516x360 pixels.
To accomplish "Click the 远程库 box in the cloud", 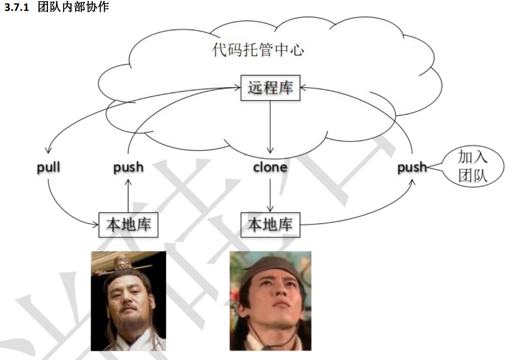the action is click(271, 88).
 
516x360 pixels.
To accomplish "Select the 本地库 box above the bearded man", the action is click(128, 225).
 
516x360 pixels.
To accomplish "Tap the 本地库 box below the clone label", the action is click(271, 225).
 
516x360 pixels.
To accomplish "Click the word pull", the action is click(48, 168).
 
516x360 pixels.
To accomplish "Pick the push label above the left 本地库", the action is click(128, 168).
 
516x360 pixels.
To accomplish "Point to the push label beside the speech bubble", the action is click(412, 168).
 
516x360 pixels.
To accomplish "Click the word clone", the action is click(270, 167).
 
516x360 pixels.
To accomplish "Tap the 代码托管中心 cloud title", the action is click(258, 50).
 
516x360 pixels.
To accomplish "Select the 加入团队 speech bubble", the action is click(472, 166).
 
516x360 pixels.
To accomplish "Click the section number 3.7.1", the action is click(17, 7).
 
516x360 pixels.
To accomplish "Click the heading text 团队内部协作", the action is click(73, 7).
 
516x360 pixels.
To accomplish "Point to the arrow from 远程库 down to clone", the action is click(270, 127).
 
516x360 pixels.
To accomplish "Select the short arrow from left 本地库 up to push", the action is click(128, 196).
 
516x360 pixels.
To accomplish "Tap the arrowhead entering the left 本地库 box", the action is click(96, 225).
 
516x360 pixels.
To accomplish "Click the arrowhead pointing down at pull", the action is click(48, 150).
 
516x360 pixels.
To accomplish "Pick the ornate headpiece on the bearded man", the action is click(122, 264).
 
